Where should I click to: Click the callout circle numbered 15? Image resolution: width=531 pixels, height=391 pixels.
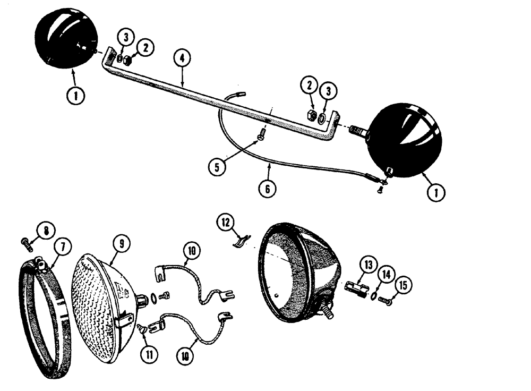point(404,286)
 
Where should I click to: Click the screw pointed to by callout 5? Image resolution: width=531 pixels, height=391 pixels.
point(260,137)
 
